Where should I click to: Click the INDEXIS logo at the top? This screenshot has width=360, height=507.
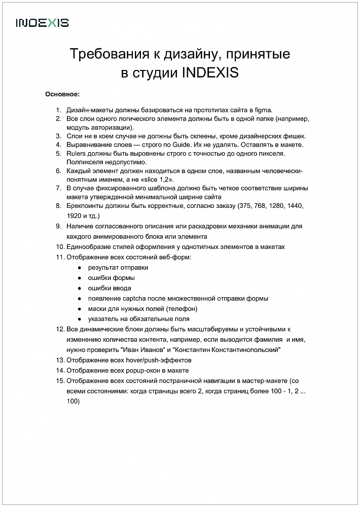point(42,23)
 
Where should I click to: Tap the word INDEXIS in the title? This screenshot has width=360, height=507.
point(209,73)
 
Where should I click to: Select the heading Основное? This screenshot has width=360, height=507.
point(62,94)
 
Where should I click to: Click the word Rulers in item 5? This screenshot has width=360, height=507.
point(76,153)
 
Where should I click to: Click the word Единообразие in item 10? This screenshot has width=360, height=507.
point(90,247)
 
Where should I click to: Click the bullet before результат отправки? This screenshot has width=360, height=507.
point(79,268)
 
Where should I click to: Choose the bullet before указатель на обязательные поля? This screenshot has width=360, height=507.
point(79,319)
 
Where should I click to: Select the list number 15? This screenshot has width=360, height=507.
point(60,381)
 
